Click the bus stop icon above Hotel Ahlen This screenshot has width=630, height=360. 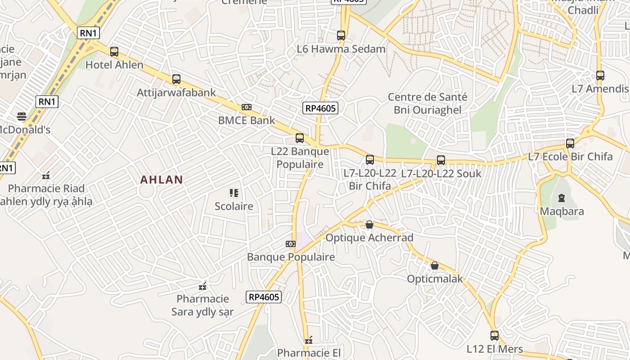click(114, 52)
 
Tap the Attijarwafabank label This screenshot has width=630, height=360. click(176, 93)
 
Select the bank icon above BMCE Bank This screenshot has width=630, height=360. click(246, 107)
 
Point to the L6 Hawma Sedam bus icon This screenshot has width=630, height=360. click(341, 35)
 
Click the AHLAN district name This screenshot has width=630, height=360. click(162, 180)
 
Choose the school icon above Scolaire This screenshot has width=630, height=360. click(234, 193)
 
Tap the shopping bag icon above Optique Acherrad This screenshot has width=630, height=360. click(369, 224)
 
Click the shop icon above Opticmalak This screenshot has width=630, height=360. click(435, 265)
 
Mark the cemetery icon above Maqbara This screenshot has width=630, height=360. click(561, 198)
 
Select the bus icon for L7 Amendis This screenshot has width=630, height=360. click(600, 75)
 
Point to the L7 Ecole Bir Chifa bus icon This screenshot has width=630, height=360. click(570, 144)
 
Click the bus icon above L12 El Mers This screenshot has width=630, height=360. click(494, 335)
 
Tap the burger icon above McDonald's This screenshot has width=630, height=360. click(22, 117)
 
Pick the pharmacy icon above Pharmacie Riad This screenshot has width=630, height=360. click(46, 175)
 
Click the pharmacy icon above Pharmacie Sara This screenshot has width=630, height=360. click(202, 286)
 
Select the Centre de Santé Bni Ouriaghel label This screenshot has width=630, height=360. click(427, 103)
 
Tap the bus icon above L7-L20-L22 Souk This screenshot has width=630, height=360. click(441, 160)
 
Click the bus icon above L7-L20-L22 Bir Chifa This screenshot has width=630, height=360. click(370, 159)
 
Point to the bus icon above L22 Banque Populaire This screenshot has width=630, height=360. click(300, 138)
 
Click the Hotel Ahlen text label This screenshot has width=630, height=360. click(114, 65)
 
